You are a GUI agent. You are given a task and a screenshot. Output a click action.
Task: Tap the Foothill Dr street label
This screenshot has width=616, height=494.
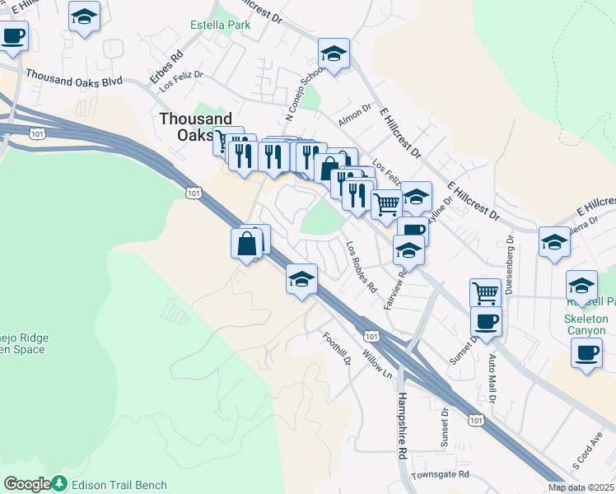pyautogui.click(x=337, y=349)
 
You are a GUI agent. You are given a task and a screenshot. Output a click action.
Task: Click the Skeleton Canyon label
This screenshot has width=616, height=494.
pyautogui.click(x=586, y=324)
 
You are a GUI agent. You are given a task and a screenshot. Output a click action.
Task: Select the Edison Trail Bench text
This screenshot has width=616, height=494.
pyautogui.click(x=119, y=485)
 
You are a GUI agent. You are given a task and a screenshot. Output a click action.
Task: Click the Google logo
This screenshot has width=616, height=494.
pyautogui.click(x=26, y=484)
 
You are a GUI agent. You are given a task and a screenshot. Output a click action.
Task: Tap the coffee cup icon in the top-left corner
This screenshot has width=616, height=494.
pyautogui.click(x=13, y=37)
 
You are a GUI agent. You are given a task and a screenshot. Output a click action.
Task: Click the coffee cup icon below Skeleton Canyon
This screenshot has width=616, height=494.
pyautogui.click(x=586, y=353)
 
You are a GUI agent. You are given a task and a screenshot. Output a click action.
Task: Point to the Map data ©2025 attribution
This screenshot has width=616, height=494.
pyautogui.click(x=581, y=487)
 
